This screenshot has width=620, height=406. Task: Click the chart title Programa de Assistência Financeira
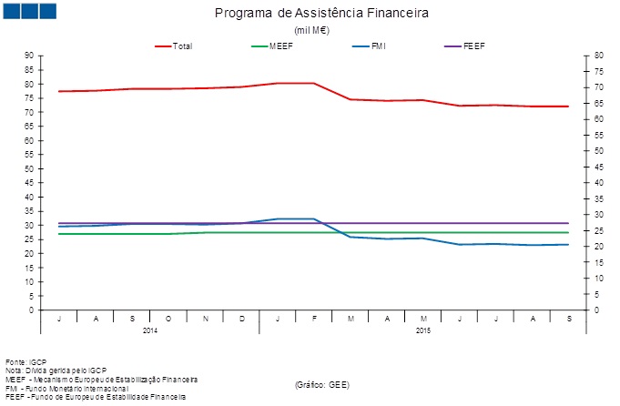click(321, 15)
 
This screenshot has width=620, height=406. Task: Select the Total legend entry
click(181, 45)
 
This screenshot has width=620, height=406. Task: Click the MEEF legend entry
click(280, 45)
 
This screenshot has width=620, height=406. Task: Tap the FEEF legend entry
click(473, 45)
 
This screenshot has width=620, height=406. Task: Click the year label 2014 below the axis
click(150, 330)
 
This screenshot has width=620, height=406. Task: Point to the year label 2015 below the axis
click(423, 330)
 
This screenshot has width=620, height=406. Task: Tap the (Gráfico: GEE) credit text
click(322, 385)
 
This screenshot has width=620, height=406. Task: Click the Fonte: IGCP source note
click(25, 361)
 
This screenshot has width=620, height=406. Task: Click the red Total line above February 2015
click(314, 83)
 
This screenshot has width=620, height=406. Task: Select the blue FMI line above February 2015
click(314, 218)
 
